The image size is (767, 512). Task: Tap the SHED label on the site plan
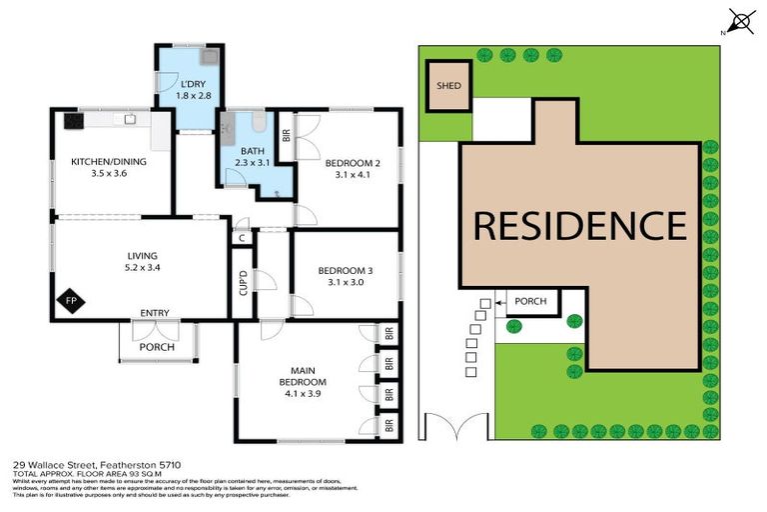click(448, 86)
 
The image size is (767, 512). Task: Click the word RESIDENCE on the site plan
click(579, 225)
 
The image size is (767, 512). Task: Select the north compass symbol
click(740, 21)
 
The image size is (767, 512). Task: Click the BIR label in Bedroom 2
click(286, 134)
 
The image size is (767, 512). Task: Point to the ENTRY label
click(154, 313)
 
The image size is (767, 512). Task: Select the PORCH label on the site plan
click(530, 300)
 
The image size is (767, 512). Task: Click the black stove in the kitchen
click(73, 121)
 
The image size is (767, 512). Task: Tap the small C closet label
click(242, 238)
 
